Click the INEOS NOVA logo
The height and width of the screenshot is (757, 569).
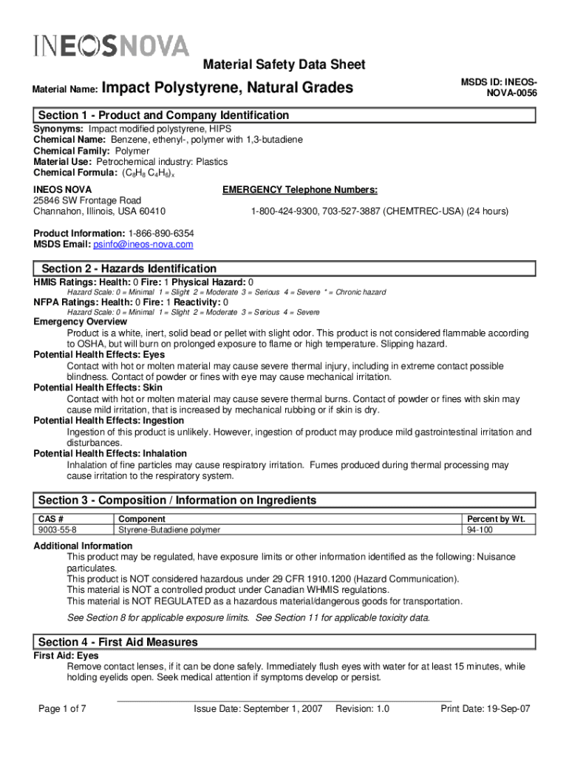tap(111, 46)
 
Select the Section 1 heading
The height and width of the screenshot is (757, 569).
tap(163, 115)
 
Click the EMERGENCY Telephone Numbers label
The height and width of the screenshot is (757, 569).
tap(300, 189)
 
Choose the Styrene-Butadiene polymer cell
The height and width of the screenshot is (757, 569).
tap(169, 530)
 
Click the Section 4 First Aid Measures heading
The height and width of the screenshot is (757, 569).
tap(118, 642)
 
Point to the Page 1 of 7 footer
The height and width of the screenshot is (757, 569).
tap(62, 709)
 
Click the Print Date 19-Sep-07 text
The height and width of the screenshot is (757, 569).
tap(485, 709)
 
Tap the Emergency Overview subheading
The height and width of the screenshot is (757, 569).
tap(80, 322)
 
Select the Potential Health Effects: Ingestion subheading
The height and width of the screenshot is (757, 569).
tap(109, 421)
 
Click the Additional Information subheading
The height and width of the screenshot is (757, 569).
tap(83, 546)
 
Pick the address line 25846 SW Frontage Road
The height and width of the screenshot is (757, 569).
tap(87, 200)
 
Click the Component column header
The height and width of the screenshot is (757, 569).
tap(142, 519)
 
